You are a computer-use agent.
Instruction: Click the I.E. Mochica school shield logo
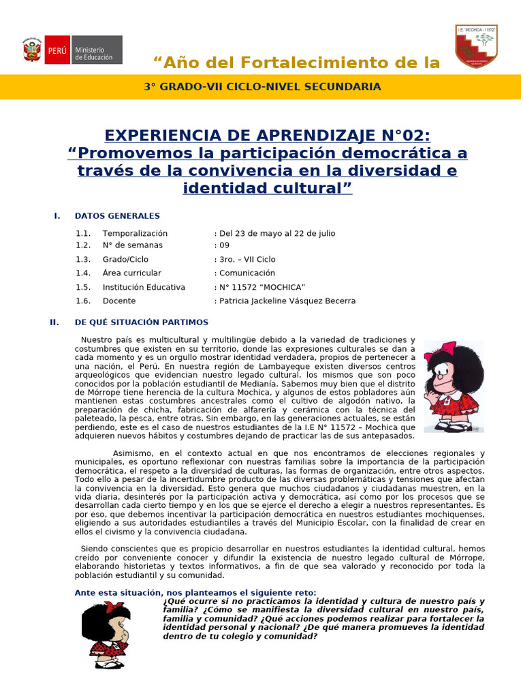click(x=476, y=46)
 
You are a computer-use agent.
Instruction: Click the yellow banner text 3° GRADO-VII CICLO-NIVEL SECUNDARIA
click(x=262, y=87)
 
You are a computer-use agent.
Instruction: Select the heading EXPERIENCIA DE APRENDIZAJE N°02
click(x=268, y=135)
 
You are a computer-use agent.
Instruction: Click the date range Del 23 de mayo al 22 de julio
click(x=276, y=233)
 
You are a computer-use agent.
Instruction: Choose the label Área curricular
click(x=132, y=273)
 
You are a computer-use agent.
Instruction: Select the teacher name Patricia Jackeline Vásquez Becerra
click(x=287, y=301)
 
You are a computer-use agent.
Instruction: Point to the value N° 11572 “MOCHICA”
click(x=261, y=287)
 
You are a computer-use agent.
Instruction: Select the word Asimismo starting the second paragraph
click(x=132, y=453)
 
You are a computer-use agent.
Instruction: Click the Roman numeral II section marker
click(x=54, y=322)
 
